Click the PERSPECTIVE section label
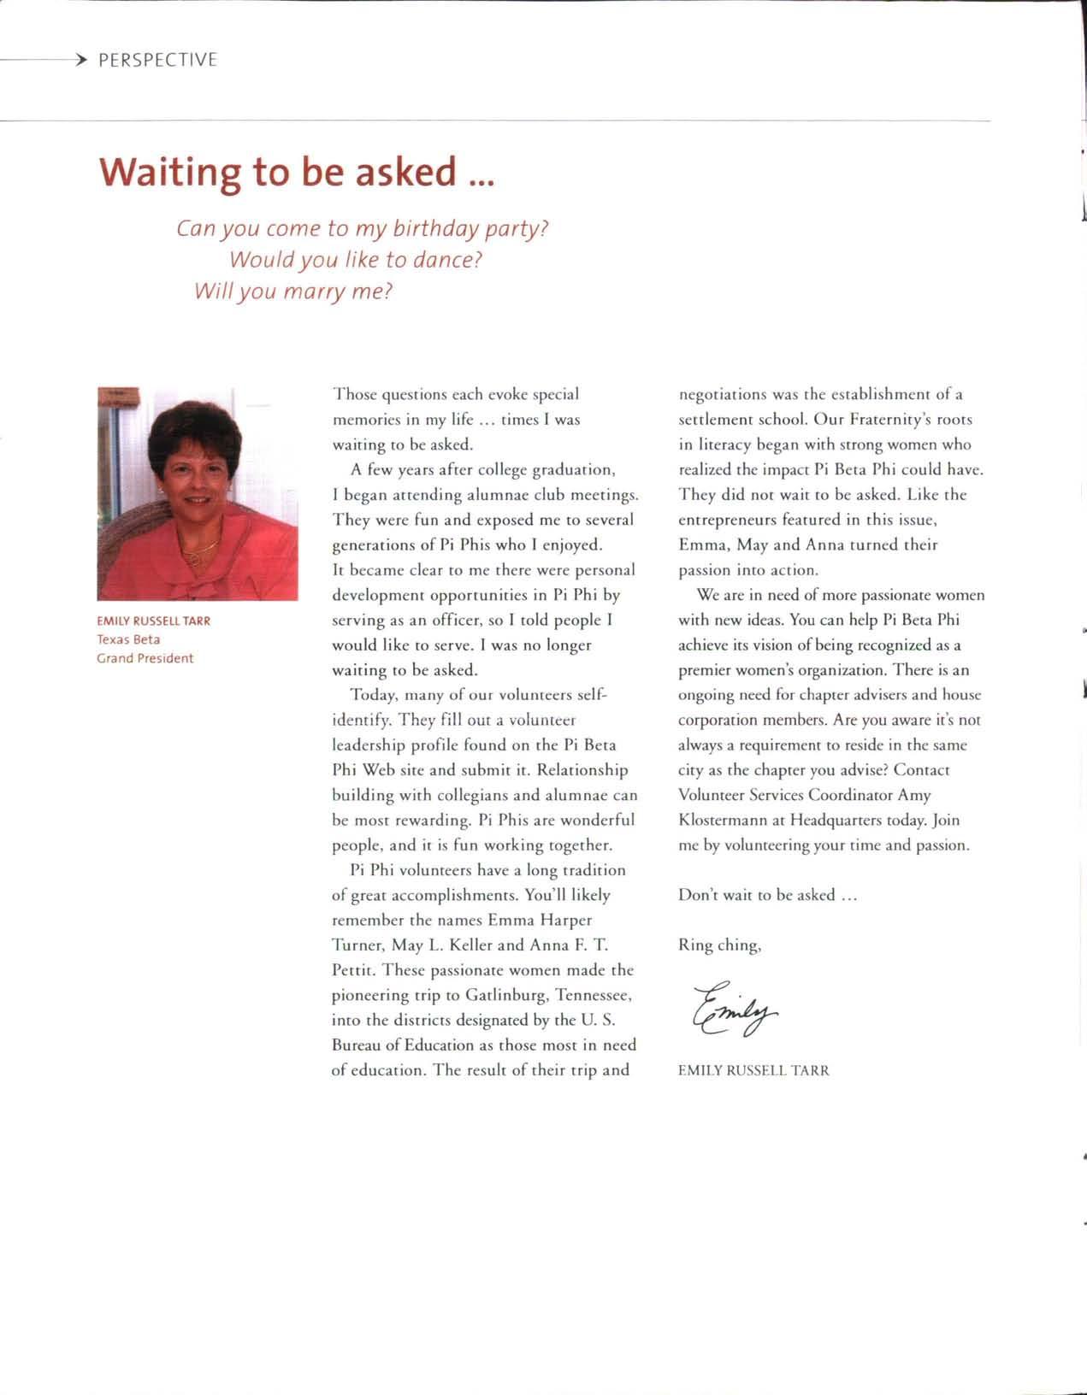coord(158,60)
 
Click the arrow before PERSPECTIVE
coord(80,60)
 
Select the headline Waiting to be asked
coord(297,172)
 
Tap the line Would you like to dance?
coord(356,259)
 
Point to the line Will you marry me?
coord(293,291)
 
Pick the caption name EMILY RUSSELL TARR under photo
coord(153,621)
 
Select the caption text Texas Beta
coord(128,639)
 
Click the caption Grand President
coord(145,658)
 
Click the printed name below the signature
coord(753,1070)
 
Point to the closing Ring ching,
coord(719,945)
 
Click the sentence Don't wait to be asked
coord(767,895)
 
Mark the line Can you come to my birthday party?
coord(362,228)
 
